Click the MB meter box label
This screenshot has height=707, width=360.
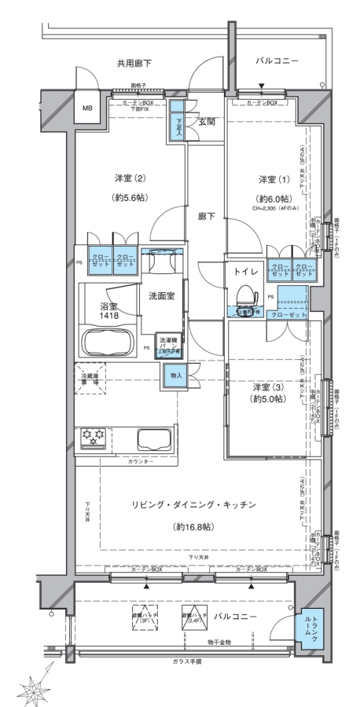coord(87,109)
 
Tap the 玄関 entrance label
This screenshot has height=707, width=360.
coord(208,122)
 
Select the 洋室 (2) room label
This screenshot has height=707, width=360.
coord(124,178)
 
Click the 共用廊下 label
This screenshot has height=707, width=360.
coord(134,61)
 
